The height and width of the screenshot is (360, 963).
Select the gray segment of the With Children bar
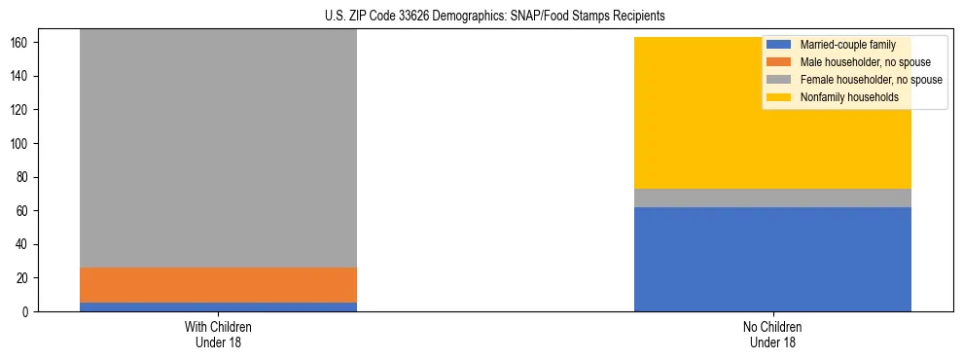[218, 146]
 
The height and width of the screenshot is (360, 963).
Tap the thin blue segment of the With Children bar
[218, 306]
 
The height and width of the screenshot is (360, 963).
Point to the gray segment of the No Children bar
[772, 198]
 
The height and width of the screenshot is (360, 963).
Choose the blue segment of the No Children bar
[772, 259]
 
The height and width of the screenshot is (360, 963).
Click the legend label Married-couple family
[842, 45]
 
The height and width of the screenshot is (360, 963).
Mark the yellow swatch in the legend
[779, 97]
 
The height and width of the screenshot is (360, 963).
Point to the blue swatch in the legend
[779, 45]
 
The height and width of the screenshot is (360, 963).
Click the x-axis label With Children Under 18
[218, 334]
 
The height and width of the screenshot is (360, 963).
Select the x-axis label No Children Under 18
[772, 334]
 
